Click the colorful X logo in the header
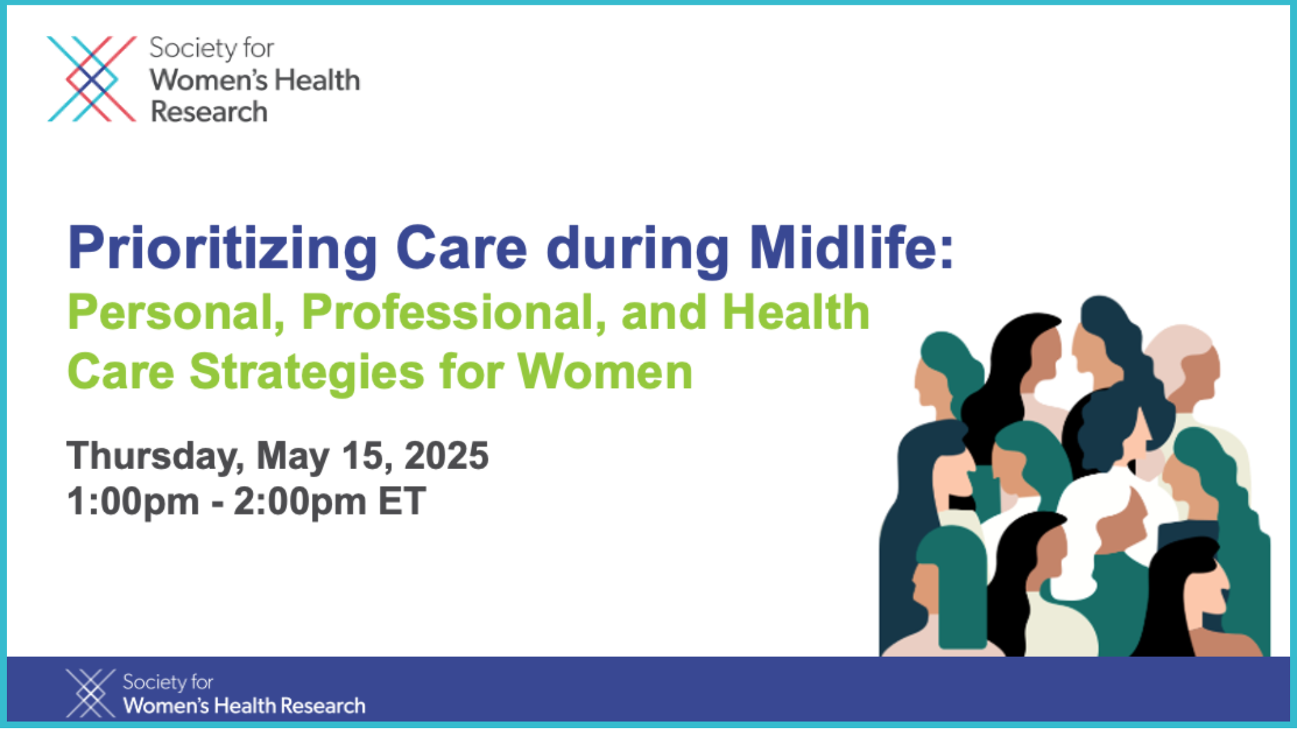pyautogui.click(x=92, y=79)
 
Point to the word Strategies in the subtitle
pyautogui.click(x=307, y=373)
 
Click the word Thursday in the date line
pyautogui.click(x=155, y=457)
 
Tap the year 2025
pyautogui.click(x=446, y=456)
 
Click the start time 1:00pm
pyautogui.click(x=133, y=503)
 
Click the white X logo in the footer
pyautogui.click(x=91, y=693)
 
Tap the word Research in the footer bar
pyautogui.click(x=323, y=706)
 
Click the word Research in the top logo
pyautogui.click(x=209, y=112)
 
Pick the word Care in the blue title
pyautogui.click(x=461, y=248)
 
